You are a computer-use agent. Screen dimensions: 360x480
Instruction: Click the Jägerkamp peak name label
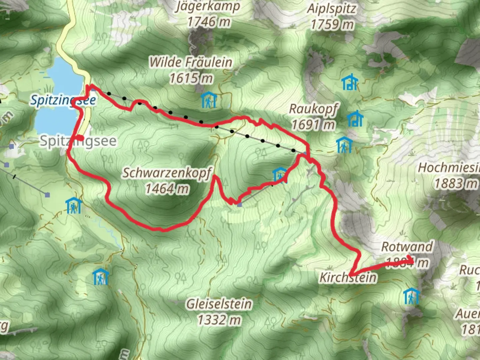[208, 7]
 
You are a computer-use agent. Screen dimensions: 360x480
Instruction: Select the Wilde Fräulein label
[191, 62]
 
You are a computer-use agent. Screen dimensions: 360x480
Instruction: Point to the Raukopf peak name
[313, 109]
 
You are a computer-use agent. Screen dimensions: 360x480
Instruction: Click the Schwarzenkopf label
[167, 173]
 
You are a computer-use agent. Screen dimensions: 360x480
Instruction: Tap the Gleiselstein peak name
[219, 304]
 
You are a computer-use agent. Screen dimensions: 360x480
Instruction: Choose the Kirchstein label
[348, 277]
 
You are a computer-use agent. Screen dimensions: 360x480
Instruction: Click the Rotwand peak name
[407, 247]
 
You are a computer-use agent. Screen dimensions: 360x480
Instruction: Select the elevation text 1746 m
[209, 22]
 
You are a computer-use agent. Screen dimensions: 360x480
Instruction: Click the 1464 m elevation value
[167, 189]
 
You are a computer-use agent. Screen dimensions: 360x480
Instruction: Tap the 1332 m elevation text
[219, 320]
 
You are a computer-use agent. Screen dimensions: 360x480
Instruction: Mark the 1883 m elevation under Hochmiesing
[456, 183]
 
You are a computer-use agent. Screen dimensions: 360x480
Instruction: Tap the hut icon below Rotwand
[411, 296]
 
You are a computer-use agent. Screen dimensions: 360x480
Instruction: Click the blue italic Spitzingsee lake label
[63, 100]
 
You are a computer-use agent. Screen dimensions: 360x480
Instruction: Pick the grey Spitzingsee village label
[78, 141]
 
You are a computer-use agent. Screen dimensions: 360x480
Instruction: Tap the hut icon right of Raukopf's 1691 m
[355, 119]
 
